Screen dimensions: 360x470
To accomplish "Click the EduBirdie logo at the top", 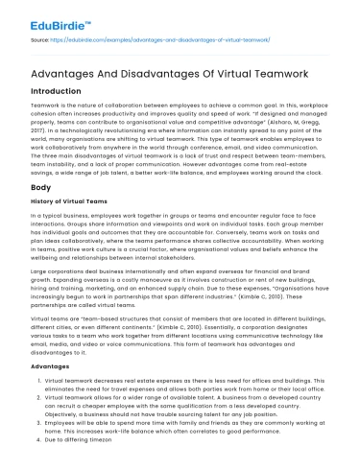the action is pyautogui.click(x=42, y=17).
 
